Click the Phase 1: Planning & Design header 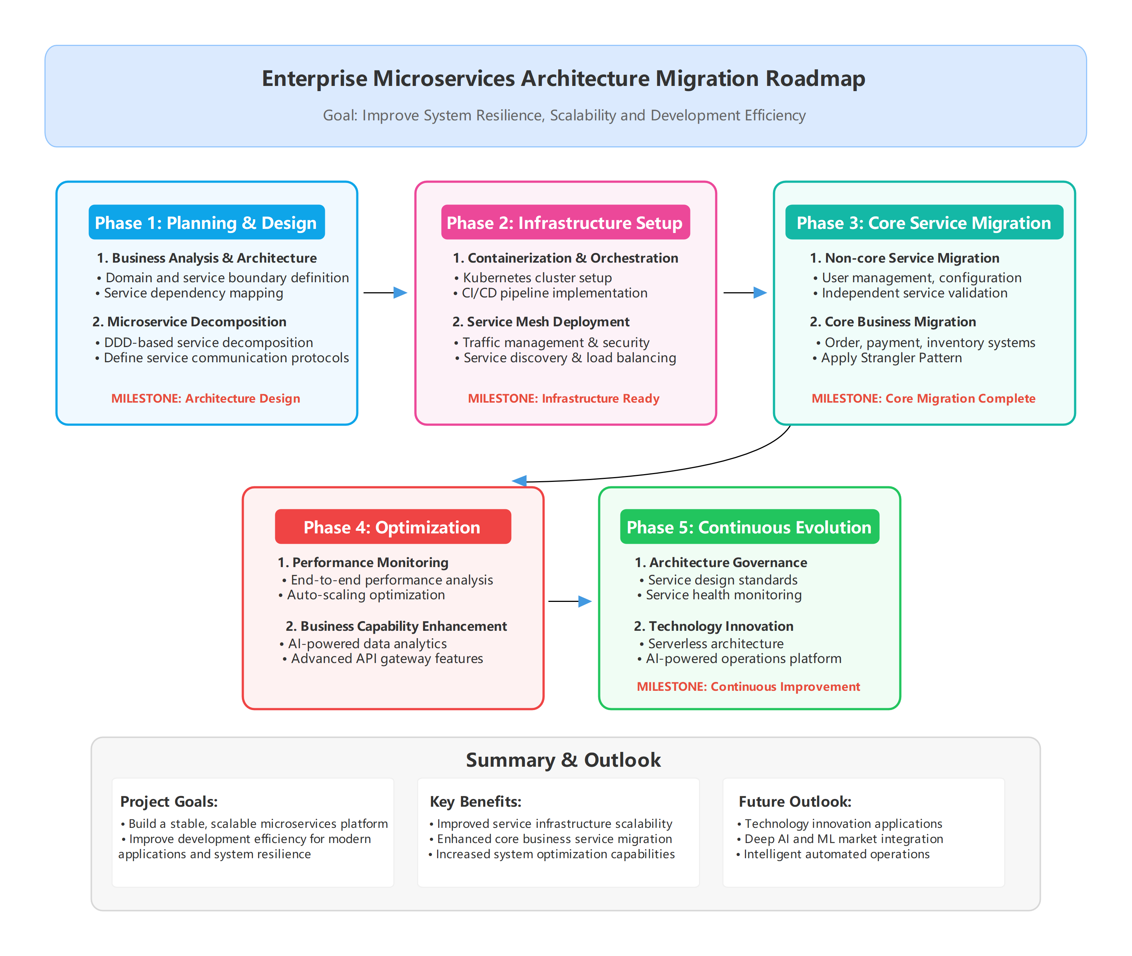pyautogui.click(x=206, y=222)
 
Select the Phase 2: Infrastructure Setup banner pyautogui.click(x=565, y=222)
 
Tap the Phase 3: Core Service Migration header pyautogui.click(x=924, y=222)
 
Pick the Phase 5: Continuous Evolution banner pyautogui.click(x=749, y=527)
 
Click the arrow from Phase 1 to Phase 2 pyautogui.click(x=385, y=293)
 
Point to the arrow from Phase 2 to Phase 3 pyautogui.click(x=745, y=293)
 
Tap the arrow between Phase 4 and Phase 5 pyautogui.click(x=570, y=601)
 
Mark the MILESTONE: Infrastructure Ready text pyautogui.click(x=563, y=398)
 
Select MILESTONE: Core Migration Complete pyautogui.click(x=923, y=398)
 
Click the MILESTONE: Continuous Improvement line pyautogui.click(x=748, y=687)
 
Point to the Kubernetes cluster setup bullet pyautogui.click(x=536, y=277)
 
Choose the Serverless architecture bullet pyautogui.click(x=715, y=643)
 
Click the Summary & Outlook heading pyautogui.click(x=563, y=760)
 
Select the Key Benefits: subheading pyautogui.click(x=475, y=802)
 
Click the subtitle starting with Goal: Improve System pyautogui.click(x=564, y=116)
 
